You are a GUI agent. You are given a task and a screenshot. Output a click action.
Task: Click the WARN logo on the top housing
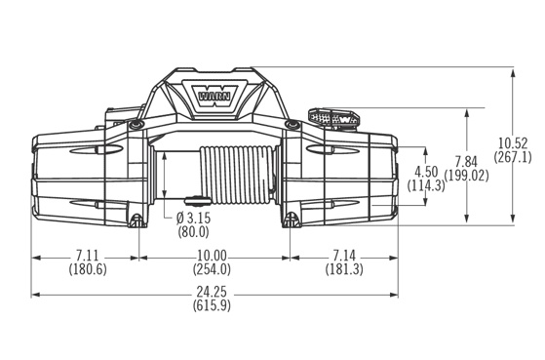click(214, 96)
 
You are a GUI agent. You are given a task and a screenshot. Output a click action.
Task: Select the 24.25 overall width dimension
click(212, 291)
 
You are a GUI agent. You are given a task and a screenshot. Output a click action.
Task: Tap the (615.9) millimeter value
click(212, 305)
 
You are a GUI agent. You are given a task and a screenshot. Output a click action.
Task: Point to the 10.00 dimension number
click(212, 256)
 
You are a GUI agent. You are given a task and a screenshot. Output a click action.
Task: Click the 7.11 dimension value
click(87, 256)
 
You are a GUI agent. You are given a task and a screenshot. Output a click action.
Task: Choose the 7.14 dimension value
click(344, 256)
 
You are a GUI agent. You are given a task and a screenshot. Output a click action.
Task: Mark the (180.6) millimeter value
click(88, 269)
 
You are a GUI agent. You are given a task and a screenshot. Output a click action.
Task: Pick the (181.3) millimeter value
click(344, 269)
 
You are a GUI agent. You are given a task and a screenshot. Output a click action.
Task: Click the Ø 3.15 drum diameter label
click(193, 219)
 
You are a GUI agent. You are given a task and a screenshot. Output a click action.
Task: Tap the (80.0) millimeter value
click(193, 232)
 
